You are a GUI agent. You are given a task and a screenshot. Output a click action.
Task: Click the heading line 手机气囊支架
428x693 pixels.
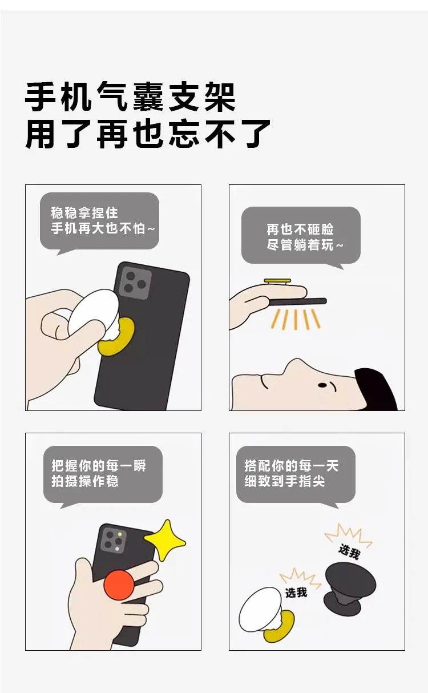coord(130,97)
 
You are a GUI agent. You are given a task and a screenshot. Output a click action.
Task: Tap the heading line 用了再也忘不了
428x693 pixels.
coord(148,134)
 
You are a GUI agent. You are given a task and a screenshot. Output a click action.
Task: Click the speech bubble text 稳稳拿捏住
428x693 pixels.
coord(84,212)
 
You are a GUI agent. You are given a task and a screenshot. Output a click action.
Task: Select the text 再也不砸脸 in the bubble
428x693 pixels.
coord(300,229)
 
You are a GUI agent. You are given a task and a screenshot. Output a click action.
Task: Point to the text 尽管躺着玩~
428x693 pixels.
coord(305,245)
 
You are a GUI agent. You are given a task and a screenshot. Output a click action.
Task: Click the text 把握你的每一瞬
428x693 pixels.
coord(99,466)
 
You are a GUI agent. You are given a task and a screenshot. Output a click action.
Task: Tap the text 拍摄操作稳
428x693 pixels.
coord(85,481)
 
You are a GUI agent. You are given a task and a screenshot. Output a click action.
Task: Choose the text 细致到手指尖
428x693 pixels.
coord(285,481)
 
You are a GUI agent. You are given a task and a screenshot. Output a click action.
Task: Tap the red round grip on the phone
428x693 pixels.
coord(119,585)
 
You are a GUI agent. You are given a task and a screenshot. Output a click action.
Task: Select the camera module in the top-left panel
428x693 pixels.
coord(135,283)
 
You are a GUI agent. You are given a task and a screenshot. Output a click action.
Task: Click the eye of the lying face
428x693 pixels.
coord(322,385)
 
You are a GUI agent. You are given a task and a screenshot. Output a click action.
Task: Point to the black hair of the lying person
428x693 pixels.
coord(375,389)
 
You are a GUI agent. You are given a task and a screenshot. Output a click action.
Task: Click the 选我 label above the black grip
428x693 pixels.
coord(349,552)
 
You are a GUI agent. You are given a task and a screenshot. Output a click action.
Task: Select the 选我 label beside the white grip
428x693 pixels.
coord(296,593)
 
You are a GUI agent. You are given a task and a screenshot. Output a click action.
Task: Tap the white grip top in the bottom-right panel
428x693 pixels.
coord(259,609)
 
